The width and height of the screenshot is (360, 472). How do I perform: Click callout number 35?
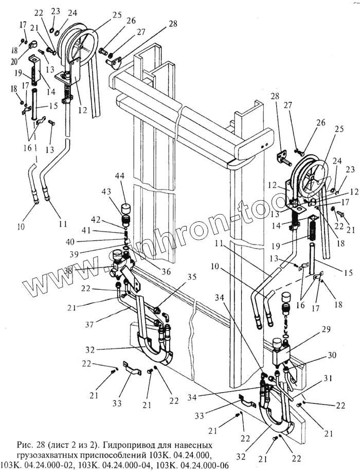pos(178,276)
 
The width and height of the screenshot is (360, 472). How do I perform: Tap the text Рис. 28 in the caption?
pos(17,444)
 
